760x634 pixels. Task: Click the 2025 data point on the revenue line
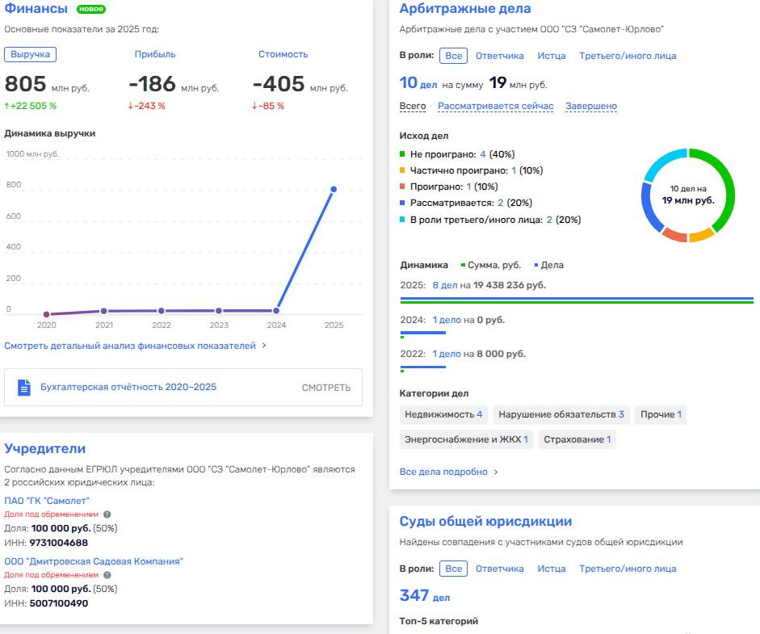click(x=334, y=190)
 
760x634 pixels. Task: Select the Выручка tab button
click(x=30, y=54)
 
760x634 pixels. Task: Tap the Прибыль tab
click(x=155, y=54)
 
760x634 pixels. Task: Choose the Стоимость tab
click(x=283, y=54)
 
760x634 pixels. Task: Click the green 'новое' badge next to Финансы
click(x=91, y=10)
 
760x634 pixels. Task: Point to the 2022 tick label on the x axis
click(x=162, y=325)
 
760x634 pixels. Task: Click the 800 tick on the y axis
click(x=14, y=185)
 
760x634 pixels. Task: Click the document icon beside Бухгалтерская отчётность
click(x=24, y=388)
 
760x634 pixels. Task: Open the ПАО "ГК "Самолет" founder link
click(x=47, y=501)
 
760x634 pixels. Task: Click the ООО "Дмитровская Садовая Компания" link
click(x=94, y=561)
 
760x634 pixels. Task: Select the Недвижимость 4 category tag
click(x=444, y=414)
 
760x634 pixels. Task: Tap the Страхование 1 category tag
click(x=577, y=439)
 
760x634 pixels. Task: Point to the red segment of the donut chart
click(x=674, y=235)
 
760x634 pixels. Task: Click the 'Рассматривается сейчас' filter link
click(x=495, y=106)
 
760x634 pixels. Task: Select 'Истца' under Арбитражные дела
click(x=552, y=56)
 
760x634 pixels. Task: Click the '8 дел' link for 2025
click(x=445, y=285)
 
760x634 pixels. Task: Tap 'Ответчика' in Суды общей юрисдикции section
click(x=499, y=569)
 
